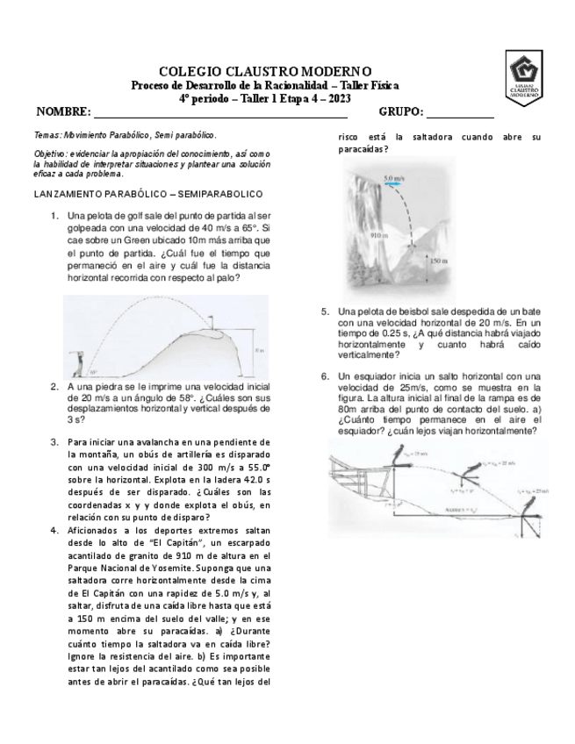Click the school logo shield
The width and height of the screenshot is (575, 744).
click(x=531, y=78)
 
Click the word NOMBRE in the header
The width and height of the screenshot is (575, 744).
click(x=63, y=112)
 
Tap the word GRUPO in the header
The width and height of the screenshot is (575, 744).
click(x=401, y=112)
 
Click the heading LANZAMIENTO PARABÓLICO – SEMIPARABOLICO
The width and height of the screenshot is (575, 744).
click(x=148, y=193)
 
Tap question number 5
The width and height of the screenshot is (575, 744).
click(x=325, y=311)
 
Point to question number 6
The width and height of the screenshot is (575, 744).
click(x=325, y=376)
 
